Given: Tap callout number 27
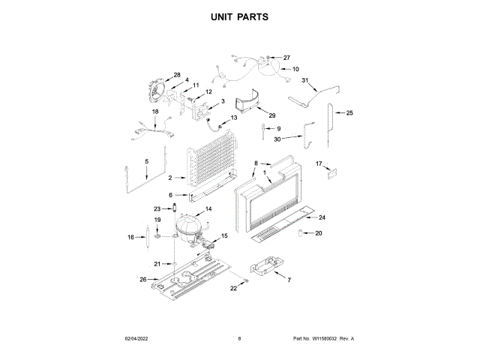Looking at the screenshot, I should [x=286, y=58].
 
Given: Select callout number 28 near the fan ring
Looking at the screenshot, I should [x=177, y=74].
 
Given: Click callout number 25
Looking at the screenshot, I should [x=349, y=112].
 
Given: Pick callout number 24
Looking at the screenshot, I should [x=322, y=217].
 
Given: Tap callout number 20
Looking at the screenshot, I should [x=318, y=233].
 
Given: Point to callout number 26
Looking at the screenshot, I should [x=143, y=280].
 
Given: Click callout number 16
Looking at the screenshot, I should [x=130, y=237].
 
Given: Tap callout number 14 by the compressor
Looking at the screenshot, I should [x=208, y=208].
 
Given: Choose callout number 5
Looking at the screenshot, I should [x=146, y=161].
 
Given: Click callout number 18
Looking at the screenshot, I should [x=156, y=112].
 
